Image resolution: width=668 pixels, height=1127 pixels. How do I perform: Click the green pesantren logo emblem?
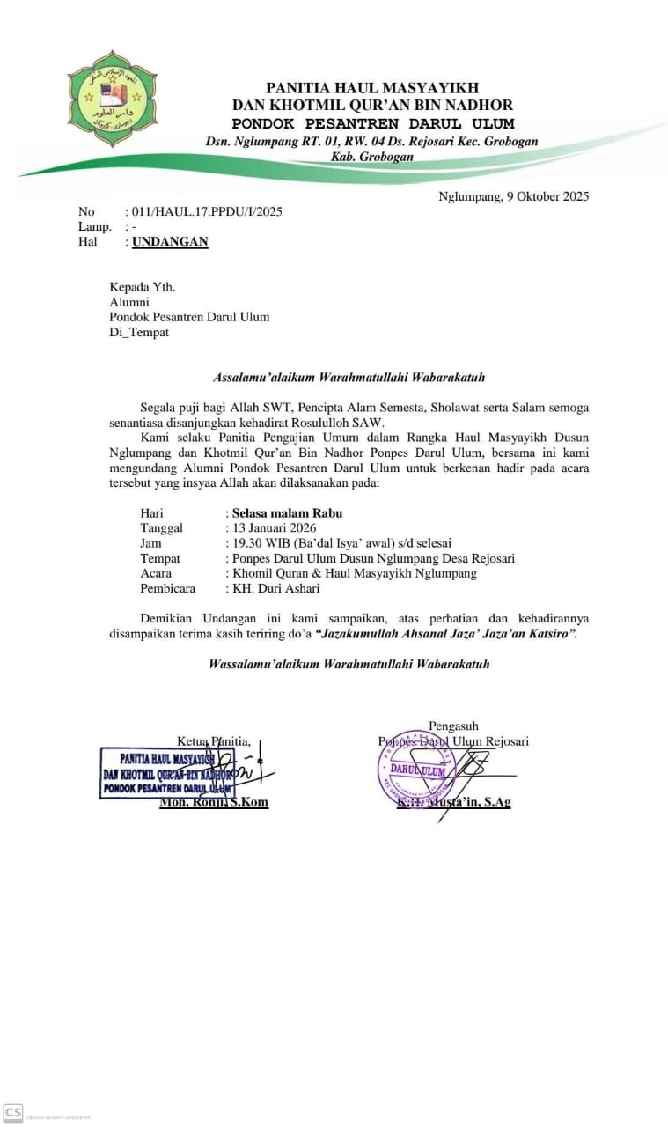click(x=112, y=98)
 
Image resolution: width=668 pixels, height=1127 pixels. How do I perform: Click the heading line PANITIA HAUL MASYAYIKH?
click(x=373, y=87)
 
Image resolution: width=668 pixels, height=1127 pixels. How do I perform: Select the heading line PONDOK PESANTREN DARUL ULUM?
click(x=373, y=124)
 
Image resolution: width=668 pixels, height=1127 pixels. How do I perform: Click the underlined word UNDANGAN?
click(x=170, y=241)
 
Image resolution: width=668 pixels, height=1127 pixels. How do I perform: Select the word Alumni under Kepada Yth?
click(x=128, y=302)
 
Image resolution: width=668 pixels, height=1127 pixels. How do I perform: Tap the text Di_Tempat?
click(x=139, y=332)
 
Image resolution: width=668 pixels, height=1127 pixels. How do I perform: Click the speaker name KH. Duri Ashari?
click(x=275, y=588)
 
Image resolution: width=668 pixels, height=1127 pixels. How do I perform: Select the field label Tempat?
click(x=160, y=558)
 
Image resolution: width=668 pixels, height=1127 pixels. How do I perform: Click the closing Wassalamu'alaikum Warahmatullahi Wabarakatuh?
click(x=349, y=663)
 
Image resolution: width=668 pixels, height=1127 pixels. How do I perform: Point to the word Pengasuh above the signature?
click(x=453, y=726)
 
